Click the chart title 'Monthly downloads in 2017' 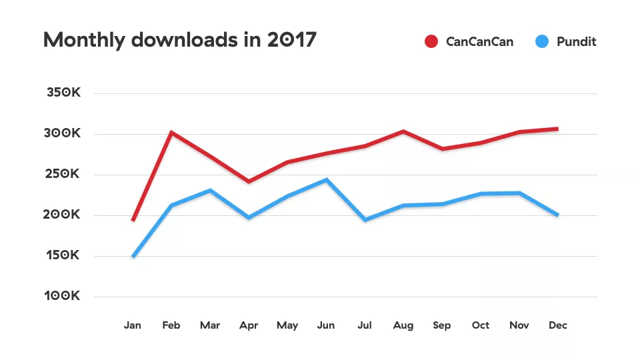click(x=179, y=40)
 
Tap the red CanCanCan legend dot click(x=431, y=41)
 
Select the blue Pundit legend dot click(x=542, y=41)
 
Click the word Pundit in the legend click(x=576, y=41)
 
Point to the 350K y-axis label click(x=63, y=93)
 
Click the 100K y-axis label click(x=63, y=296)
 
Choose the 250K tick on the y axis click(x=63, y=174)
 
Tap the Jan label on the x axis click(x=133, y=325)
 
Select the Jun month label click(x=326, y=325)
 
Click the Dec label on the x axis click(x=558, y=325)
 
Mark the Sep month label click(x=442, y=325)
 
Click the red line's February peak click(x=171, y=133)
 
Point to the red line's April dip click(x=249, y=181)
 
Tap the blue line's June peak click(x=326, y=179)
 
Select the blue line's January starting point click(x=133, y=256)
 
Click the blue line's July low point click(x=365, y=219)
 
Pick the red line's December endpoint click(x=557, y=129)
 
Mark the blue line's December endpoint click(x=557, y=215)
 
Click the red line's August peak click(x=403, y=131)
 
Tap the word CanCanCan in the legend click(x=479, y=41)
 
